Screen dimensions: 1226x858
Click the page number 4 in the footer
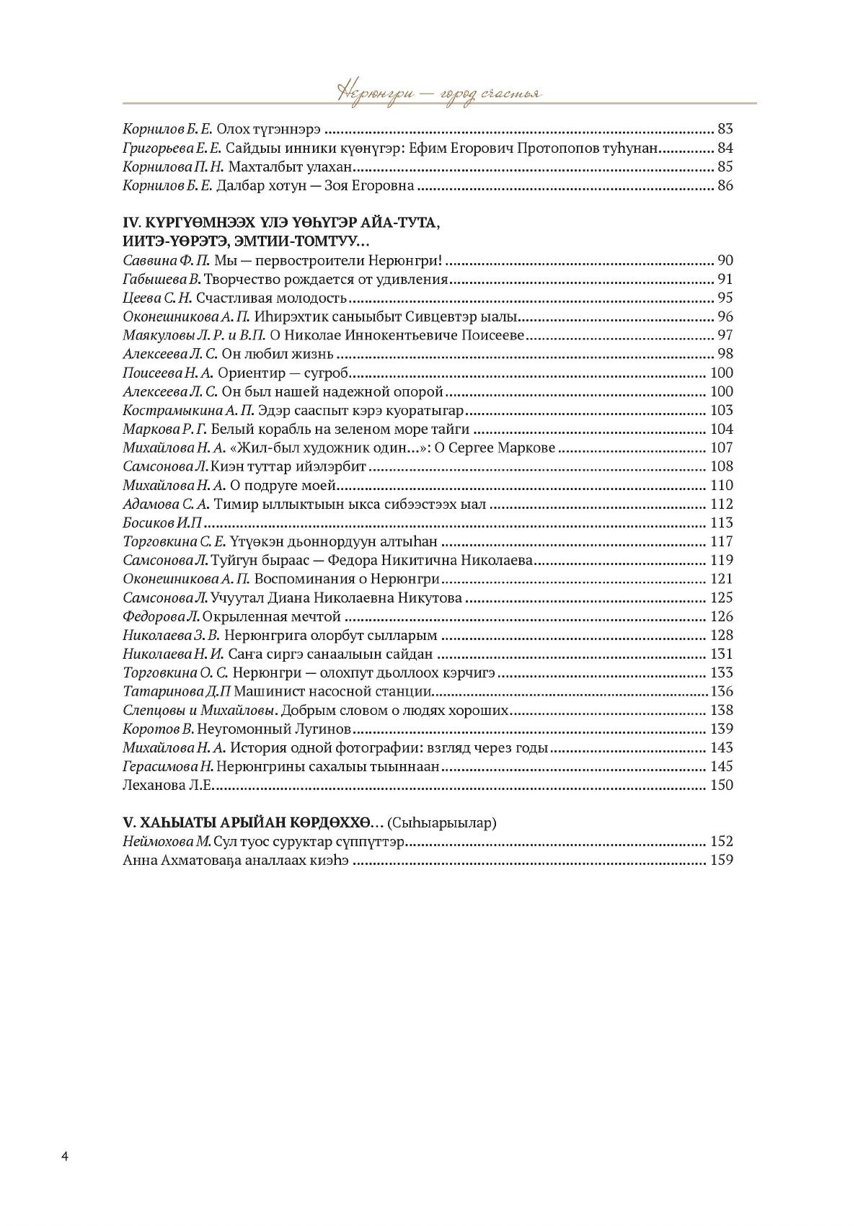click(65, 1157)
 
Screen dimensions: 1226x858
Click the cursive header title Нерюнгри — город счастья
click(439, 94)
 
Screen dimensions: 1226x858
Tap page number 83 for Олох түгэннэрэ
click(725, 130)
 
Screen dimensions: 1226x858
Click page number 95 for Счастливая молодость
click(725, 298)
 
